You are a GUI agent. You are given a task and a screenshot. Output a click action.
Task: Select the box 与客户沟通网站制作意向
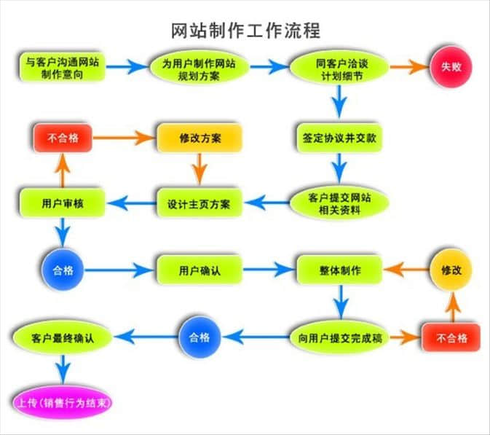[60, 67]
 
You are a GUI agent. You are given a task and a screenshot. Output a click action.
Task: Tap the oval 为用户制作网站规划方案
[198, 67]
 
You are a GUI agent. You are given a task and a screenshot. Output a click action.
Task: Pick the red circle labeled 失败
[451, 67]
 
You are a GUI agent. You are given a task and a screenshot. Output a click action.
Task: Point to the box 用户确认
[199, 270]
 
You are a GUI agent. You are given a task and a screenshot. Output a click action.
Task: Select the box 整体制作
[339, 270]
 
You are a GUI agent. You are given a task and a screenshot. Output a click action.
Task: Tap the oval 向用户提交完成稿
[339, 337]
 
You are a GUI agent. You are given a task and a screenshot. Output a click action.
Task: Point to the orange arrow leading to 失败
[408, 67]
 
